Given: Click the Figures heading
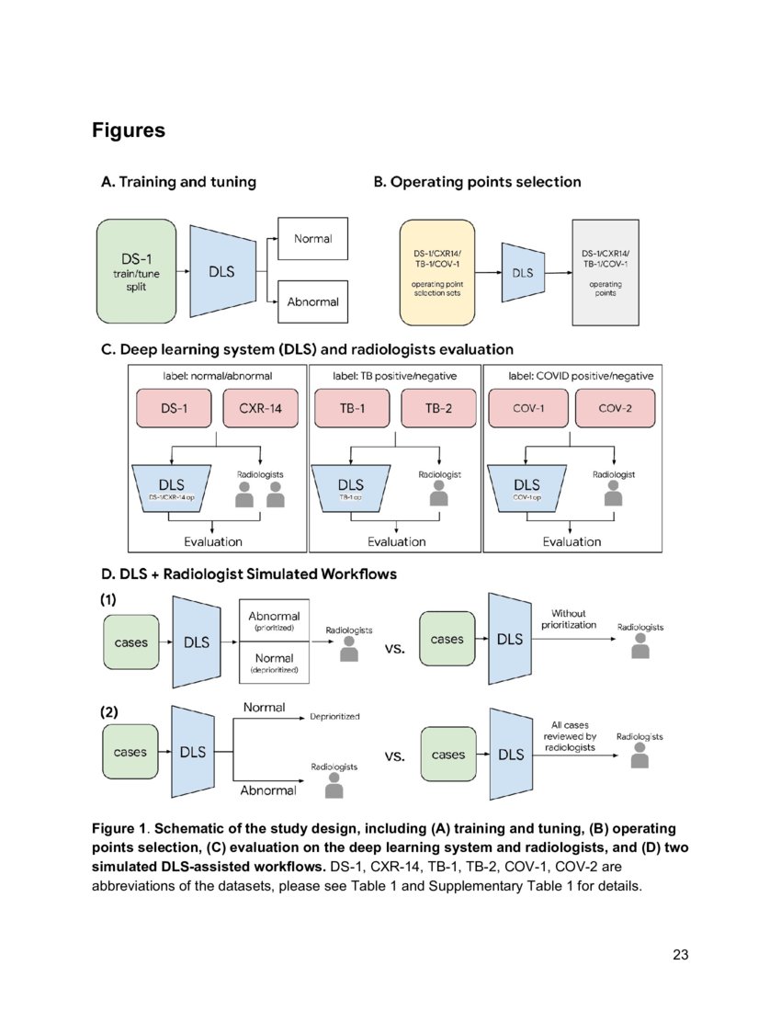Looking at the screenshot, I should pyautogui.click(x=128, y=131).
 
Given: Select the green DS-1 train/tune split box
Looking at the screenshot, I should pyautogui.click(x=137, y=271).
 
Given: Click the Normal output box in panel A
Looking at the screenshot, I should pyautogui.click(x=313, y=241).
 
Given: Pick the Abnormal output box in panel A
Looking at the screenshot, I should pyautogui.click(x=313, y=301).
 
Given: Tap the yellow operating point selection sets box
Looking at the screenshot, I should pyautogui.click(x=436, y=272).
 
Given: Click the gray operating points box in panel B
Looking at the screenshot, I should pyautogui.click(x=606, y=272).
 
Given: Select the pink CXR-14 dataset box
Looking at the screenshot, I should pyautogui.click(x=261, y=408).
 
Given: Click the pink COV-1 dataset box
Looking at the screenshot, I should pyautogui.click(x=527, y=408).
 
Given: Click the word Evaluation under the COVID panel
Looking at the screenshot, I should pyautogui.click(x=572, y=541).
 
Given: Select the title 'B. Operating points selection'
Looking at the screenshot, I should pyautogui.click(x=477, y=182).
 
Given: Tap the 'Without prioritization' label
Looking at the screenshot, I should pyautogui.click(x=568, y=619).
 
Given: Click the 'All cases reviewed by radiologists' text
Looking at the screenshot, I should pyautogui.click(x=568, y=736).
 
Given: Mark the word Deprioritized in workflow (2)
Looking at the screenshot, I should pyautogui.click(x=334, y=716).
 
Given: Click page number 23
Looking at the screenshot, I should pyautogui.click(x=680, y=955).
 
